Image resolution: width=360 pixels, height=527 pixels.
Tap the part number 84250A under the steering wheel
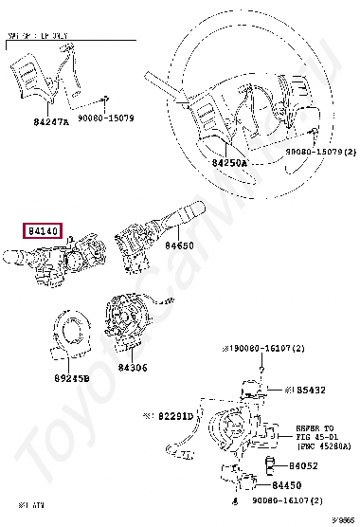(228, 163)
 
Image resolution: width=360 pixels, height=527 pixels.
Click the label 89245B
(72, 377)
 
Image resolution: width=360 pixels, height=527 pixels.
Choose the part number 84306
(134, 367)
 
